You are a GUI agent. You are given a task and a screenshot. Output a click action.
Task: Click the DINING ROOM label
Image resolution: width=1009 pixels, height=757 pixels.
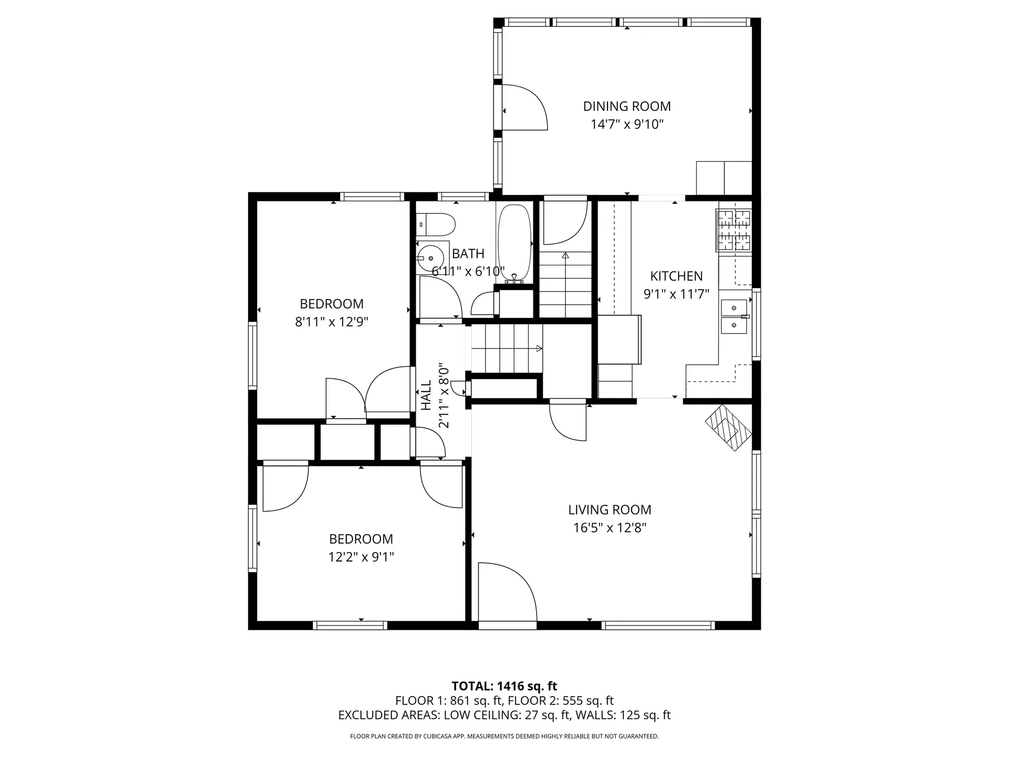pos(626,106)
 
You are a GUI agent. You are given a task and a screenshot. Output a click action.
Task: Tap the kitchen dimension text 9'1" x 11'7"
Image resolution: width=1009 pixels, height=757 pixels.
pos(676,294)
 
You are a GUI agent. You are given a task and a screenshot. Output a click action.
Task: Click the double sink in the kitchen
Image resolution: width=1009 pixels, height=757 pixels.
pos(734,316)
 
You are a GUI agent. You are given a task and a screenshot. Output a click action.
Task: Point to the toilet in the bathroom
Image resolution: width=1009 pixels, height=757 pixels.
pos(436,224)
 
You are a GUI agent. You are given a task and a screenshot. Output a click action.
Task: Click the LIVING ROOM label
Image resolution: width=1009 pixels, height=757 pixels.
pos(610,509)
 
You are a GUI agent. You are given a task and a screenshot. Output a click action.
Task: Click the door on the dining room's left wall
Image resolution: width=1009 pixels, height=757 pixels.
pos(524,107)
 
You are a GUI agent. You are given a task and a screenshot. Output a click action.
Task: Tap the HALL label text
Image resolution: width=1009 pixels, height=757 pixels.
pos(426,395)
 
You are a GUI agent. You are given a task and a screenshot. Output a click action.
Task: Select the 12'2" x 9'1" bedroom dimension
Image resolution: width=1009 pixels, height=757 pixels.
pos(361,557)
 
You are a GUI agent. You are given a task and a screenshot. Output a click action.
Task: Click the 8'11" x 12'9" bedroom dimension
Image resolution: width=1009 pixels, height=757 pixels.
pos(332,322)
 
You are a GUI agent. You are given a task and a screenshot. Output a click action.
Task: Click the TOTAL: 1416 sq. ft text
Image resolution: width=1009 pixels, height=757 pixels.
pos(504,686)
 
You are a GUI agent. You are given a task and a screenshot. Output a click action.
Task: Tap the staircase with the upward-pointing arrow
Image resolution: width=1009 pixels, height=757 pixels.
pos(565,284)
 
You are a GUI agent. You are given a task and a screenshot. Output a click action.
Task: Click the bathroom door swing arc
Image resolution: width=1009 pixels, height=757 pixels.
pos(441,297)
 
